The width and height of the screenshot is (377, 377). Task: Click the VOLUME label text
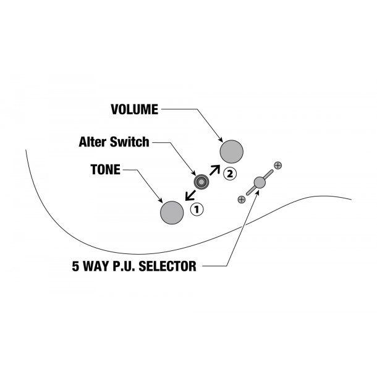click(x=133, y=109)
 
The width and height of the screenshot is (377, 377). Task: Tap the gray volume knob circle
click(x=232, y=151)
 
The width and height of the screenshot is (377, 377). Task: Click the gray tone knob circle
click(x=172, y=212)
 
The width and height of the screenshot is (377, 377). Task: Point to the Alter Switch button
click(x=201, y=182)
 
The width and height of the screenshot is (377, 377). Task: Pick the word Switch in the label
click(x=129, y=142)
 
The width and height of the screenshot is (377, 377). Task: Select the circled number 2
click(x=230, y=174)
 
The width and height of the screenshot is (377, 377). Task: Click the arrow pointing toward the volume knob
click(x=214, y=169)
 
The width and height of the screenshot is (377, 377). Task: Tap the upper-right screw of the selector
click(x=277, y=166)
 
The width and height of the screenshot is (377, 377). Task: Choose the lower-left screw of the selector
click(x=241, y=198)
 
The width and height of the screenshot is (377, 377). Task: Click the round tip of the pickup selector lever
click(x=259, y=182)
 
